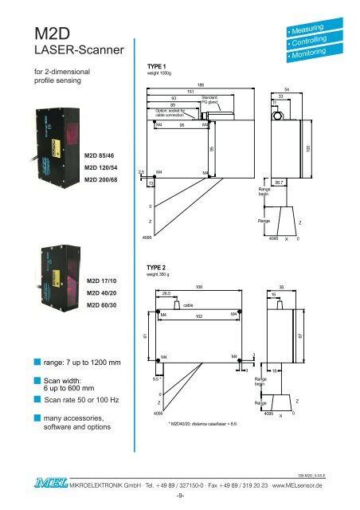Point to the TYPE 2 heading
tap(152, 269)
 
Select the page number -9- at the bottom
tap(179, 501)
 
